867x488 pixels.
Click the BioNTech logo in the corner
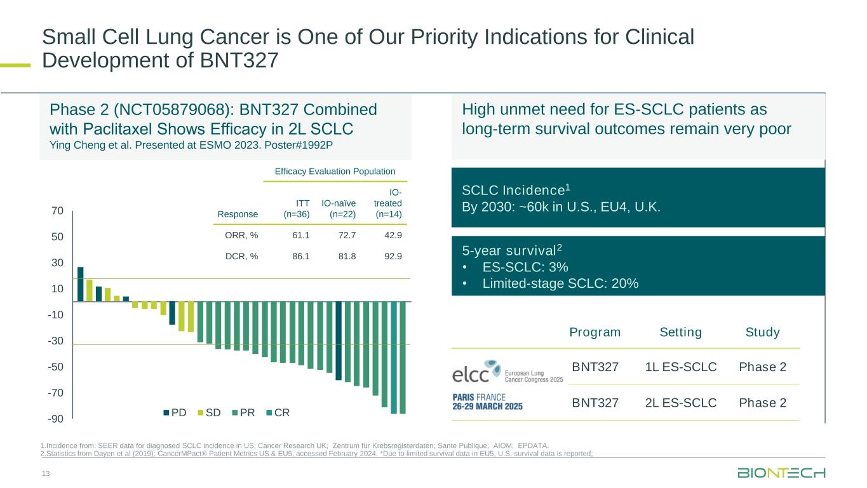click(x=781, y=473)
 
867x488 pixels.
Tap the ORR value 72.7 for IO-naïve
click(x=344, y=236)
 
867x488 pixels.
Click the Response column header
click(x=238, y=214)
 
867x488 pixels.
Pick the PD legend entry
click(x=175, y=412)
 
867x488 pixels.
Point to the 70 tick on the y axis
click(x=57, y=210)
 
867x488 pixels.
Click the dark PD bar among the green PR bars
click(x=339, y=341)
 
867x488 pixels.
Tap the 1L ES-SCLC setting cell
click(x=680, y=367)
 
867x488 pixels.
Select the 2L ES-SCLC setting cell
click(x=680, y=403)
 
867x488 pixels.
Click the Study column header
click(x=762, y=332)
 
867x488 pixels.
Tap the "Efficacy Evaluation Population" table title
click(x=335, y=171)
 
